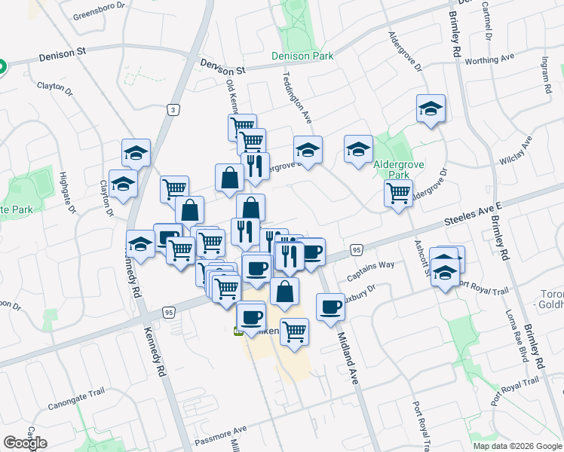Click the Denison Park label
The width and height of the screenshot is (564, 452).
click(x=302, y=55)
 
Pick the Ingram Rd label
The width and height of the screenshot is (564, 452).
click(x=544, y=75)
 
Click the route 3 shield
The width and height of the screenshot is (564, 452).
click(x=173, y=110)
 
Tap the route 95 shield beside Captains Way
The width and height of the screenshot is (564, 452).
click(x=357, y=249)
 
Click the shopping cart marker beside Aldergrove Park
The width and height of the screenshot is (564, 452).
click(x=398, y=192)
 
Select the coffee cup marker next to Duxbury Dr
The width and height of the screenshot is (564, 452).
click(x=330, y=307)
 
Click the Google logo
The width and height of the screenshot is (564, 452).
click(x=25, y=443)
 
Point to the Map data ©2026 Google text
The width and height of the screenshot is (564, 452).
click(x=517, y=446)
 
